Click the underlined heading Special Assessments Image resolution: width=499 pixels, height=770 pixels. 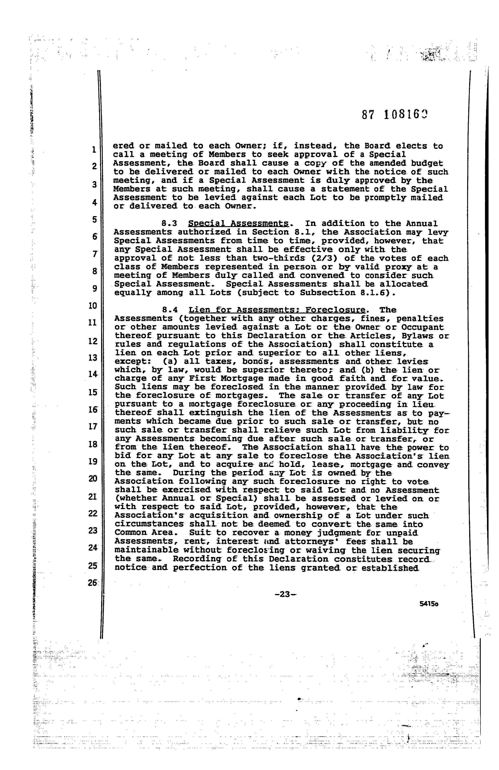pyautogui.click(x=239, y=223)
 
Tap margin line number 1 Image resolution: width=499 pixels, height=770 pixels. pyautogui.click(x=94, y=149)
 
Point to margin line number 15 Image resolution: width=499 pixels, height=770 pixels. pyautogui.click(x=93, y=392)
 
